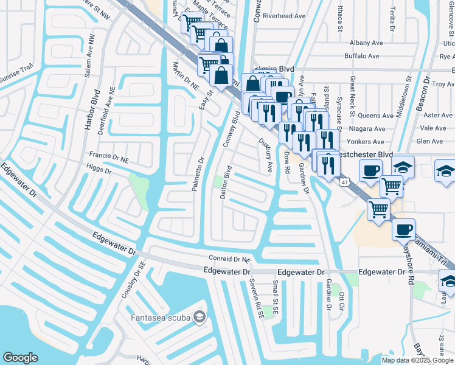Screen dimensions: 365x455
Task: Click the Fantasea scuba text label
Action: [160, 317]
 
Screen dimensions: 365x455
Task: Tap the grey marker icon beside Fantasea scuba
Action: [199, 317]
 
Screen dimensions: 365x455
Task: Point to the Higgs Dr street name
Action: [100, 171]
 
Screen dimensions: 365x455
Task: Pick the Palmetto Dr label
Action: [198, 173]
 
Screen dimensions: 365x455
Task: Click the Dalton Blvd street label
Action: [225, 182]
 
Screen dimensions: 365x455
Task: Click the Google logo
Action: [20, 358]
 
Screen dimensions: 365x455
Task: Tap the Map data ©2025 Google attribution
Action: [417, 360]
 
